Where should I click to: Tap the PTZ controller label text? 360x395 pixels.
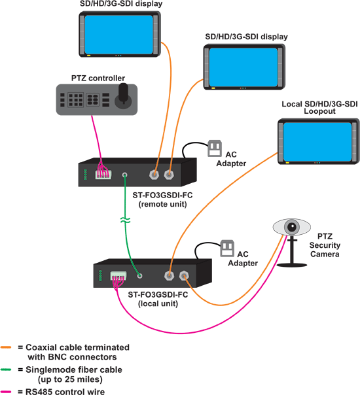tap(98, 78)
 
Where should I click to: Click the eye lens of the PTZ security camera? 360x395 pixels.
tap(289, 227)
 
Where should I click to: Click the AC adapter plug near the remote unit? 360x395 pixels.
tap(215, 149)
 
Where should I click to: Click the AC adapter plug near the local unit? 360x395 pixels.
tap(227, 249)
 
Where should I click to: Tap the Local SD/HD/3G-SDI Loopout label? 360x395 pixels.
tap(319, 107)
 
